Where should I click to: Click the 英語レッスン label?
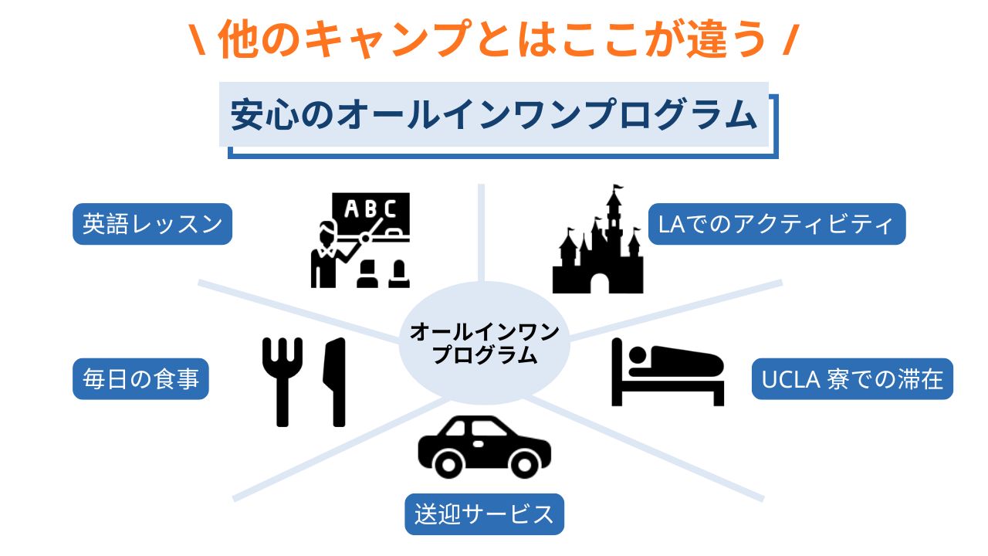[x=152, y=224]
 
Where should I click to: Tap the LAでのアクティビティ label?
[x=776, y=224]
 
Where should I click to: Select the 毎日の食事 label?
[x=140, y=379]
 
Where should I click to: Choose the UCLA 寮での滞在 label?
[x=852, y=379]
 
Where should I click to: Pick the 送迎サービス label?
[x=484, y=514]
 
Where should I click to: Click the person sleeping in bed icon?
[x=668, y=371]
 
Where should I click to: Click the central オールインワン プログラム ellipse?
[x=484, y=344]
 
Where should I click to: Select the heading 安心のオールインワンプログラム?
[x=494, y=116]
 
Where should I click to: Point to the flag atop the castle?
[x=617, y=189]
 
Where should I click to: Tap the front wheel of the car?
[x=448, y=463]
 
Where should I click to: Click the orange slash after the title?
[x=788, y=40]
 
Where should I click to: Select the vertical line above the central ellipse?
[x=480, y=232]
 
